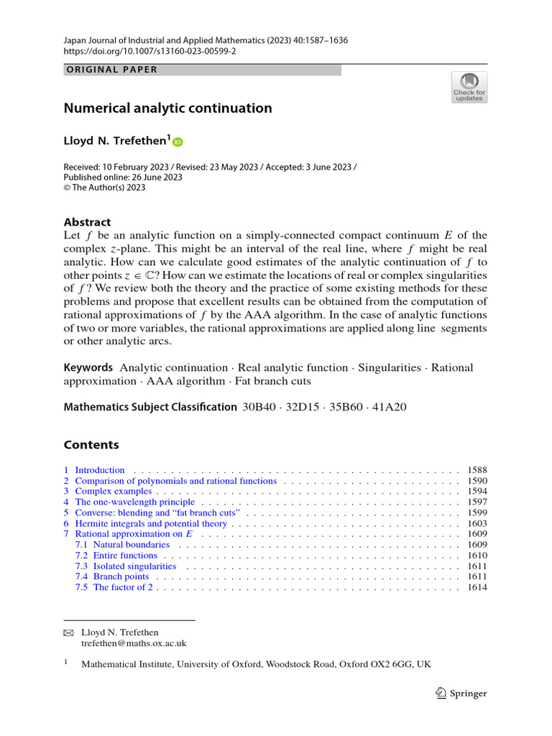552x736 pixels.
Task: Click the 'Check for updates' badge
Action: tap(469, 87)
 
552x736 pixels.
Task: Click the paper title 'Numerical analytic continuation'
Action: tap(168, 109)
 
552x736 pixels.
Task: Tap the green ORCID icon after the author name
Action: tap(178, 142)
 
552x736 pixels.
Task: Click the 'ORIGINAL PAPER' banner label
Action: tap(111, 70)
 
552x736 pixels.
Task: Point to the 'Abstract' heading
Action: tap(88, 222)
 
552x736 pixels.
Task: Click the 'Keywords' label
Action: tap(88, 367)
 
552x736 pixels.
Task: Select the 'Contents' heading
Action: tap(91, 444)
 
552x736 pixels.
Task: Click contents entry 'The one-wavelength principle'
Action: tap(134, 502)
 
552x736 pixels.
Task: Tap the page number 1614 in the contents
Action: tap(477, 587)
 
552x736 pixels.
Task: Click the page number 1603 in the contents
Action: tap(477, 524)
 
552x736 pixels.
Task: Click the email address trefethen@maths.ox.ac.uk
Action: tap(134, 644)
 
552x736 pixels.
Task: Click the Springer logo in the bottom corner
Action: tap(461, 694)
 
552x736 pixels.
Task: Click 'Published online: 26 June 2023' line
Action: tap(123, 177)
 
